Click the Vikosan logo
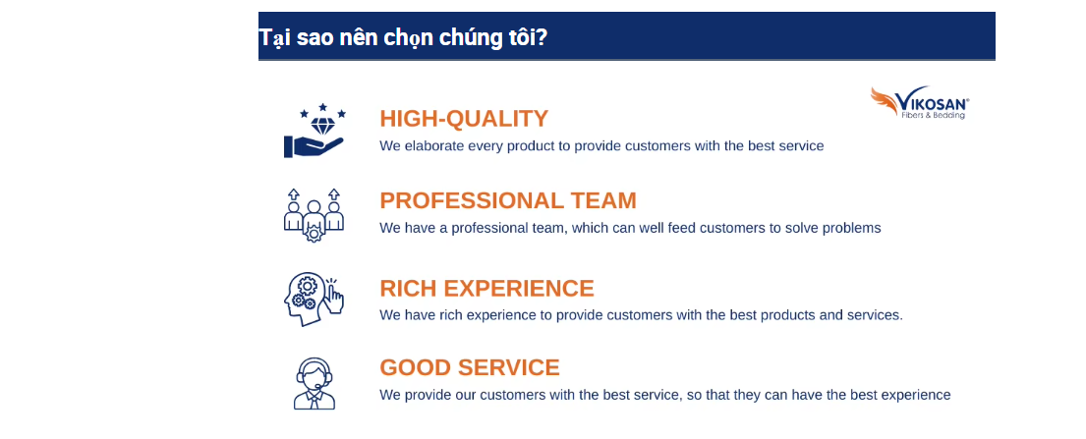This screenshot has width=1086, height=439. [920, 102]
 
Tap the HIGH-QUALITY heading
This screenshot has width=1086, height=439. [464, 119]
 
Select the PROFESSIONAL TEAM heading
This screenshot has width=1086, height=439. [508, 200]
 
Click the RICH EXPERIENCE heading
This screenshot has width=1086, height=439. [486, 288]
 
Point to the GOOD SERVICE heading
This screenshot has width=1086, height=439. [470, 367]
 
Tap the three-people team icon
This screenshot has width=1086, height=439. [314, 215]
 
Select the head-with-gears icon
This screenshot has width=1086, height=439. [314, 299]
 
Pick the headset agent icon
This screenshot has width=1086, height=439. [314, 383]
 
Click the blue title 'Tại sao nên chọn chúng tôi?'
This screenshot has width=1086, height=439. [403, 37]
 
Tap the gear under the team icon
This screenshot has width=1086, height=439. [314, 234]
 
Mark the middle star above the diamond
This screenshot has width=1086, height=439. [322, 108]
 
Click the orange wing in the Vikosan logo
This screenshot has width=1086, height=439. [885, 100]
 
